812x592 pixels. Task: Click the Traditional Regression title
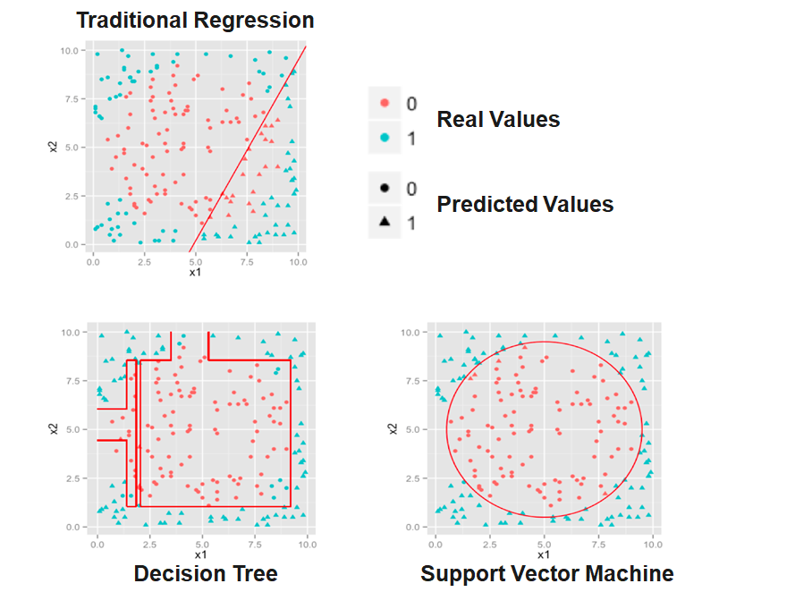[x=195, y=20]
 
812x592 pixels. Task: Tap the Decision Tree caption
[x=206, y=573]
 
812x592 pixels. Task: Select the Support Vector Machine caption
[x=546, y=573]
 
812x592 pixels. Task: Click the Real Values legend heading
[x=498, y=120]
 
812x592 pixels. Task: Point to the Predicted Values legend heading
[x=525, y=205]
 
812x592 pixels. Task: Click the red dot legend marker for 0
[x=385, y=104]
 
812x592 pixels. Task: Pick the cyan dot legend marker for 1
[x=385, y=138]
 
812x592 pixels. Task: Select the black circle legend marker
[x=385, y=188]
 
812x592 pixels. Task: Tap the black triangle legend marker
[x=385, y=221]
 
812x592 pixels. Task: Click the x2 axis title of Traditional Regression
[x=55, y=147]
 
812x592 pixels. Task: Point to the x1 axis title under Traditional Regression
[x=195, y=273]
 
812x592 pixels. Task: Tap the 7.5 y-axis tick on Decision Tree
[x=78, y=381]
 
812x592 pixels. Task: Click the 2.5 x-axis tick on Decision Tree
[x=149, y=543]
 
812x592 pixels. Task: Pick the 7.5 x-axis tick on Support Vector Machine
[x=599, y=543]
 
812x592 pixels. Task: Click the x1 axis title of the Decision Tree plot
[x=200, y=554]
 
